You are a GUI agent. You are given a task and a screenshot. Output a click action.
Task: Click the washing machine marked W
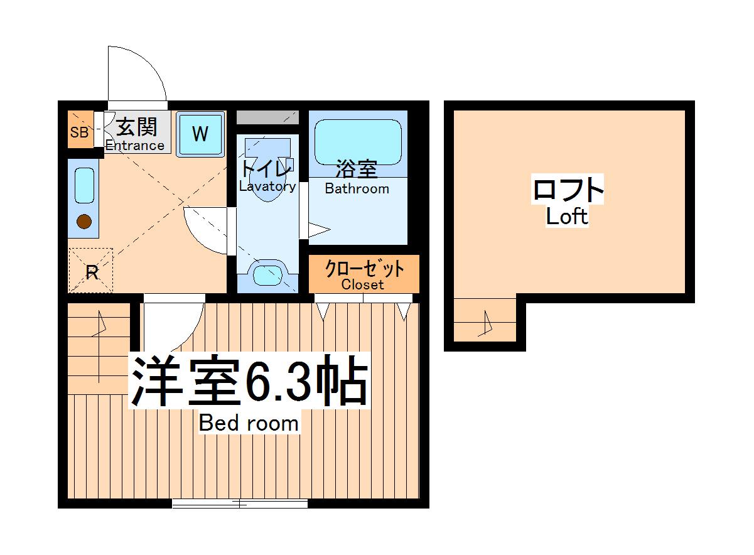[200, 134]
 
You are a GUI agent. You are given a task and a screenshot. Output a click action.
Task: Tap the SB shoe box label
[79, 132]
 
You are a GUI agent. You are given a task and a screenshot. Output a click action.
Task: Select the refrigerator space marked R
[91, 271]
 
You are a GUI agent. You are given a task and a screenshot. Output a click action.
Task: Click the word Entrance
[134, 146]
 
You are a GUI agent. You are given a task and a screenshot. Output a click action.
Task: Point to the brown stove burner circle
[83, 221]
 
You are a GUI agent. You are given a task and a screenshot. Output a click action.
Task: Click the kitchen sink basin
[84, 185]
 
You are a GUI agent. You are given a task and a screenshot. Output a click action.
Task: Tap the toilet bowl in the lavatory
[267, 182]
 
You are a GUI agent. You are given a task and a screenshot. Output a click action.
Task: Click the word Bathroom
[357, 188]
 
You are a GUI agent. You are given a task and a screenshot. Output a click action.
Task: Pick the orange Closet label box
[364, 274]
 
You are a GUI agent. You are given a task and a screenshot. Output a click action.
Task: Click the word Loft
[567, 217]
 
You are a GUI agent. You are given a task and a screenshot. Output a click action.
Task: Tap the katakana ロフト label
[568, 190]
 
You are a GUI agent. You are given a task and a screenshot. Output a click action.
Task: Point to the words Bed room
[249, 424]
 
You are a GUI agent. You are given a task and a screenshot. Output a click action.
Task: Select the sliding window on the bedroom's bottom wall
[240, 503]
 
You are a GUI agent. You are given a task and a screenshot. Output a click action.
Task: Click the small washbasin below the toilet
[267, 274]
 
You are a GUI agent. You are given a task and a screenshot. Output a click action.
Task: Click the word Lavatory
[267, 186]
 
